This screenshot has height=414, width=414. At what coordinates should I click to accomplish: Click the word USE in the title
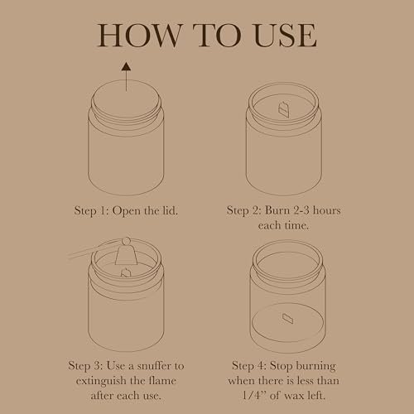[285, 35]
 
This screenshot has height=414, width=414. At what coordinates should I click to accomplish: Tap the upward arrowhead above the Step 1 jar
[127, 66]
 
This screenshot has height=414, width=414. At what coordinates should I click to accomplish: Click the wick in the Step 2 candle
[284, 109]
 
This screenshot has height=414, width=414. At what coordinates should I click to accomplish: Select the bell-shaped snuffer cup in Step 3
[126, 255]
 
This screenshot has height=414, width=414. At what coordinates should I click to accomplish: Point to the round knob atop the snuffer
[126, 241]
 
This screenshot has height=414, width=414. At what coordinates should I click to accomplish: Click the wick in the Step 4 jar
[288, 319]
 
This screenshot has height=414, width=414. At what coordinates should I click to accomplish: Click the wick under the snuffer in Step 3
[126, 272]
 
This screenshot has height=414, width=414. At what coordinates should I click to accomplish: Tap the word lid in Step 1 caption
[170, 210]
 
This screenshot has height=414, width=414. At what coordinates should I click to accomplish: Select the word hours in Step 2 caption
[327, 210]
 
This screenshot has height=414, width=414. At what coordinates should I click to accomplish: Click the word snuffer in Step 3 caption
[154, 366]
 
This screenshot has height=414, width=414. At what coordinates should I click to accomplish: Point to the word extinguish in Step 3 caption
[101, 381]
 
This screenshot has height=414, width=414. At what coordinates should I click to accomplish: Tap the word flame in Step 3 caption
[162, 381]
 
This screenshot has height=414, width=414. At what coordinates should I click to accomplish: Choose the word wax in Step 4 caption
[294, 396]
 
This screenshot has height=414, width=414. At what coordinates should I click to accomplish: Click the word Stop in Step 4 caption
[281, 366]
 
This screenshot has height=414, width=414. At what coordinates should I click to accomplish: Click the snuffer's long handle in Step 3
[94, 250]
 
